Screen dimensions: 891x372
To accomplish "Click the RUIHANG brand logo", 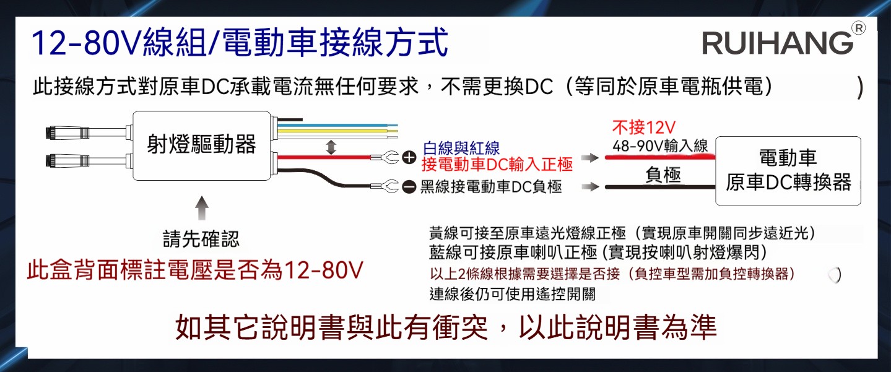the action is click(x=778, y=43).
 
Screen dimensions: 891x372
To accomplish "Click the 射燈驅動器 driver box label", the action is click(x=201, y=144).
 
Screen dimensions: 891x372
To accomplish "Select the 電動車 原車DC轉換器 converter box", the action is click(x=788, y=171).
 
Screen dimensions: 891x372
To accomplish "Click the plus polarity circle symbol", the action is click(x=409, y=158).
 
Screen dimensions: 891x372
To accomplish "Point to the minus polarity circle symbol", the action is click(x=409, y=186).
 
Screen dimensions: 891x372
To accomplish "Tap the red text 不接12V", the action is click(x=643, y=127).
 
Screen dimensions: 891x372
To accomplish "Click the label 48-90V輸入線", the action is click(x=660, y=146).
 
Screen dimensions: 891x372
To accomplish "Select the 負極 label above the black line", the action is click(x=663, y=175).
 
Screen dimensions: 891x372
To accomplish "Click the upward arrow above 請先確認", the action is click(x=202, y=208).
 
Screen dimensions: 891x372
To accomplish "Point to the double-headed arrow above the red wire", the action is click(x=331, y=147).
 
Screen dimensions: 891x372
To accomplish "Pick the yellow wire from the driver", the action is click(x=337, y=131).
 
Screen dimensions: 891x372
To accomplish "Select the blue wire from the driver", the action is click(x=337, y=126).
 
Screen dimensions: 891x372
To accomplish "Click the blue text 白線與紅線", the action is click(x=461, y=149).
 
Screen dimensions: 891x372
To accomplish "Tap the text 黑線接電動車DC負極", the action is click(x=491, y=186).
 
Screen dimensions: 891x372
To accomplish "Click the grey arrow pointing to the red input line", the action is click(x=590, y=158).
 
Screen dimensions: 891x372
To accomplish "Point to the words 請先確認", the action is click(x=201, y=239).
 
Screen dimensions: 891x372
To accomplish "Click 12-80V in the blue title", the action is click(x=86, y=43).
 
